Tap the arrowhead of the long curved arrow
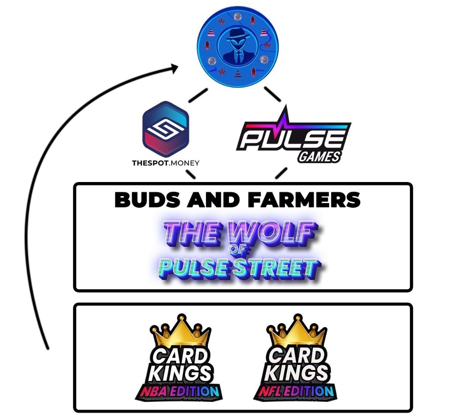click(174, 68)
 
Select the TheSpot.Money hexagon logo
click(165, 129)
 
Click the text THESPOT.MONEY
click(165, 163)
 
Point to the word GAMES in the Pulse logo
click(319, 156)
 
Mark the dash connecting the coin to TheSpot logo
click(198, 95)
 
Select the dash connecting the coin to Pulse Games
click(272, 94)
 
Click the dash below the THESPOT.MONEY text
click(190, 174)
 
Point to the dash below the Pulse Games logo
click(281, 173)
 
